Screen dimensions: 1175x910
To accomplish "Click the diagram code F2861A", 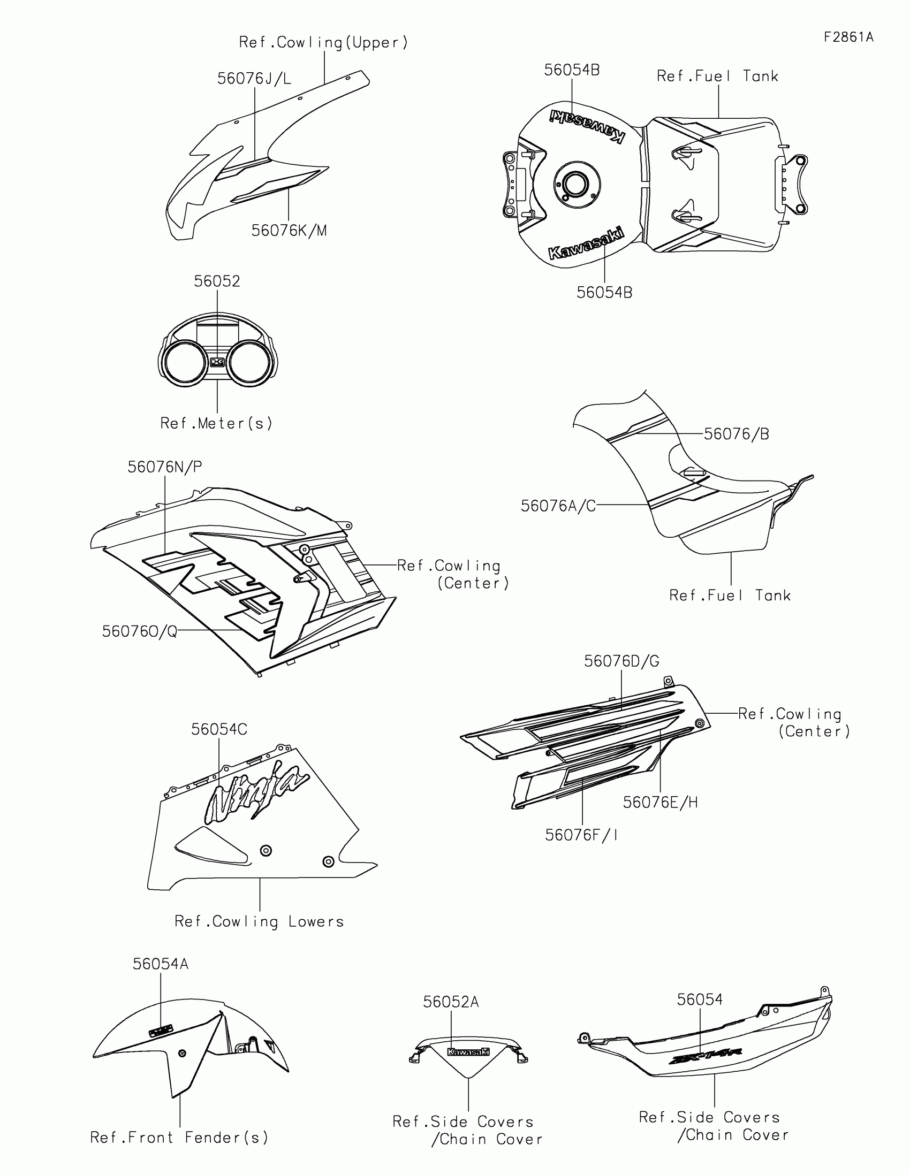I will (848, 37).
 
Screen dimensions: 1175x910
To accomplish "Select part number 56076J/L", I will (254, 79).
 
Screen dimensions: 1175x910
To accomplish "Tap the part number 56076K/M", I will (289, 231).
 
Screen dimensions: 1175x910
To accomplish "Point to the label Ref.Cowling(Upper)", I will (323, 42).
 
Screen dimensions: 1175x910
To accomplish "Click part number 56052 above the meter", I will (217, 281).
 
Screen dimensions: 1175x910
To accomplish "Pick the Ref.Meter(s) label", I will (216, 423).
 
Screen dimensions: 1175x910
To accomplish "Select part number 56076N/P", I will (165, 467).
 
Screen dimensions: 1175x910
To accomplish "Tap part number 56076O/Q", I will (140, 631).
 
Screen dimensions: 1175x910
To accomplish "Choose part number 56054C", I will (219, 729).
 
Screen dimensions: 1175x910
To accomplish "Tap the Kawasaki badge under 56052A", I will (469, 1052).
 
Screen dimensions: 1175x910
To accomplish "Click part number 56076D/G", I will (621, 661).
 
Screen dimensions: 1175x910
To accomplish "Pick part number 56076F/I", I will (581, 835).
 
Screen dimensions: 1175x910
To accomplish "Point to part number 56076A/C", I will (558, 506).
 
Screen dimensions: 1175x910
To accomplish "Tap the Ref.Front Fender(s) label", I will (179, 1138).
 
